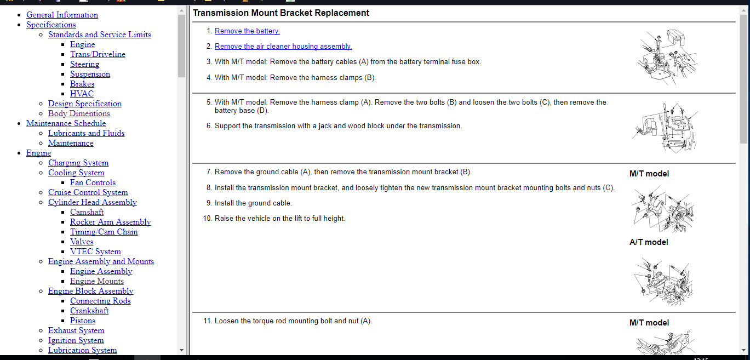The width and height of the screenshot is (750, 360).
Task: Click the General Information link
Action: [62, 15]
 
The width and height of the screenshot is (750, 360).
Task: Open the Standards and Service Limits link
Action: [99, 35]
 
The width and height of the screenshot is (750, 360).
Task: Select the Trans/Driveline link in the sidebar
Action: [98, 54]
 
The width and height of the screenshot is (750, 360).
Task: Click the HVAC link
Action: [82, 94]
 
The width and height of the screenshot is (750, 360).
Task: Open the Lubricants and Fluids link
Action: [86, 133]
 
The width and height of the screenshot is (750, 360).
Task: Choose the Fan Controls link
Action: [93, 182]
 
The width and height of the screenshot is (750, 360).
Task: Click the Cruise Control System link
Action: [88, 192]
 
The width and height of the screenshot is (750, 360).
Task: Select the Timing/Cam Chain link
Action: [104, 232]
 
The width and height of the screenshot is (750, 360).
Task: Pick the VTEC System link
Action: [95, 252]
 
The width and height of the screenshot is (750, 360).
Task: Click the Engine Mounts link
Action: [96, 281]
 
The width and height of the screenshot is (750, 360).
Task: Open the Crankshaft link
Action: [89, 311]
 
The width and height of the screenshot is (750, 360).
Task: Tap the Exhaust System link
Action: [76, 330]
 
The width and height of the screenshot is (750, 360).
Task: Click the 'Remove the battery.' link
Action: [247, 31]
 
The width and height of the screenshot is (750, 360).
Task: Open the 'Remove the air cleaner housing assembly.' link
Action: [283, 47]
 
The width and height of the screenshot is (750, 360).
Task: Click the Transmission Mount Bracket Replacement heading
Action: [281, 13]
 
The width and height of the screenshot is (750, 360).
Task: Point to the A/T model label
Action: [649, 242]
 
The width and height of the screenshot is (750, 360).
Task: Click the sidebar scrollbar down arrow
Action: [182, 350]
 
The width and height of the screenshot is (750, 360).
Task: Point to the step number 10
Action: [207, 219]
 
